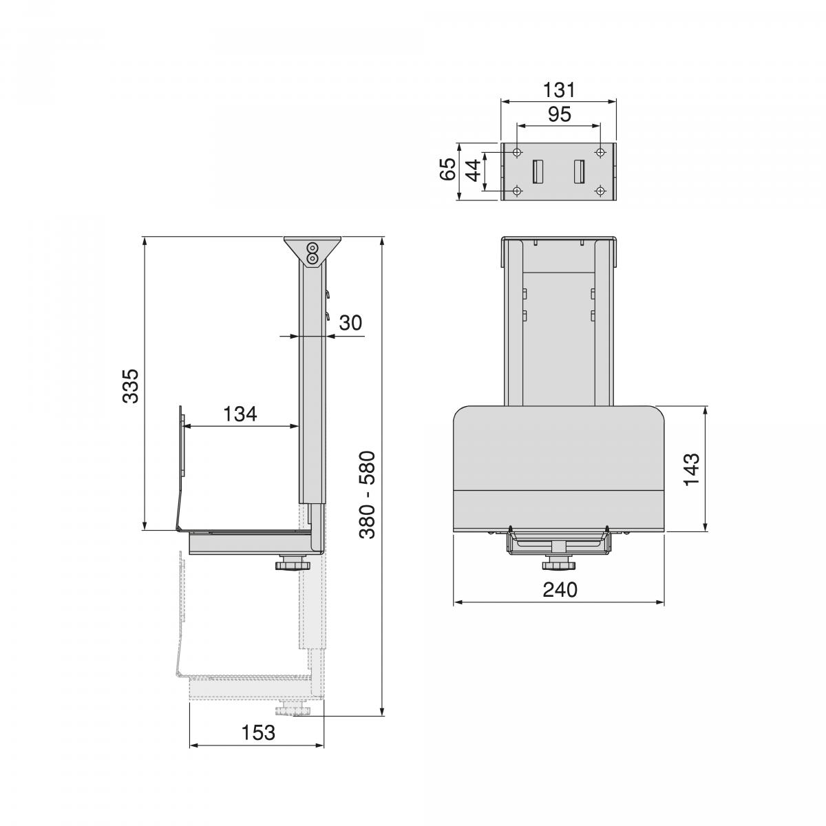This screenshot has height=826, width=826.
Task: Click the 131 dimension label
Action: coord(558,89)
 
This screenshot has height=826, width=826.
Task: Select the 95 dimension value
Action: coord(559,114)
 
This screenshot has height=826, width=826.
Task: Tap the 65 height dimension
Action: coord(447,169)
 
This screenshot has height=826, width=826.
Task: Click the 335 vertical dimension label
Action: coord(131,385)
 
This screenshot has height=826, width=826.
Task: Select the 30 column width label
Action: coord(350,322)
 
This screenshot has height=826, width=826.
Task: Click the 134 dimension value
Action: coord(240,414)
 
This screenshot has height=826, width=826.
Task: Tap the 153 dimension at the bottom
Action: coord(258,733)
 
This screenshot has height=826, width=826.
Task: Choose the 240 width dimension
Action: coord(559,590)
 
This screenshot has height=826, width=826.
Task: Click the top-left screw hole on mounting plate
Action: coord(517,152)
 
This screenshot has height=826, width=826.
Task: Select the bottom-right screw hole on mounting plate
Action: coord(600,191)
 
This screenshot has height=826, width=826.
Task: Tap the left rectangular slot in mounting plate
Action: coord(538,171)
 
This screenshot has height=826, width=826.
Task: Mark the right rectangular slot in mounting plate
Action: coord(580,171)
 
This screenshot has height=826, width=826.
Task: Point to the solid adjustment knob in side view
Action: coord(293,566)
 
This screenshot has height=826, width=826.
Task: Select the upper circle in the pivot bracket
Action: coord(313,248)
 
